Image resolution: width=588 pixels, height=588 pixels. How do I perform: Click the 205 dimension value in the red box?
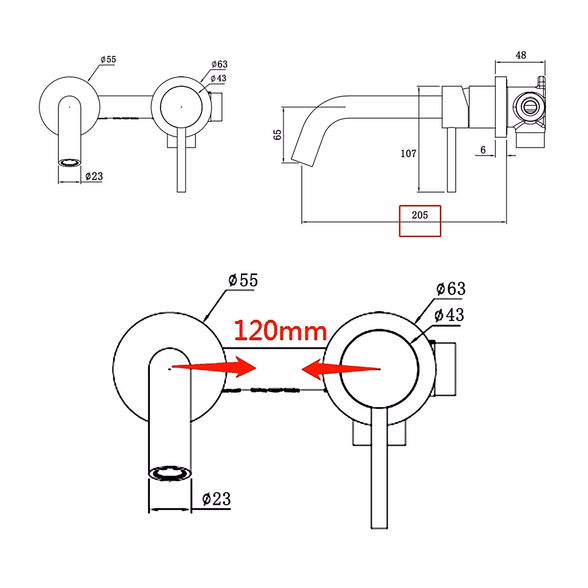click(419, 215)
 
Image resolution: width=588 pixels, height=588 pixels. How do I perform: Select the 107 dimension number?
click(408, 153)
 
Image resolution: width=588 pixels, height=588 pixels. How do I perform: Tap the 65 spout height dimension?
click(277, 135)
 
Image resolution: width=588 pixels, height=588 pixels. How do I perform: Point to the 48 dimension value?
click(521, 55)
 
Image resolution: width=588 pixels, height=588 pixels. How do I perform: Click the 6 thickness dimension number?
click(483, 149)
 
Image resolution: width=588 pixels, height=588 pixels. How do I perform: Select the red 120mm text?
click(280, 330)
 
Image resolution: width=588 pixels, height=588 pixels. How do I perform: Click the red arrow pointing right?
click(214, 367)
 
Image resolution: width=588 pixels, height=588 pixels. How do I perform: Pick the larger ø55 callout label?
click(243, 280)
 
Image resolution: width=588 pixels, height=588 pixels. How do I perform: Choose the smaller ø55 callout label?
click(108, 59)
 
